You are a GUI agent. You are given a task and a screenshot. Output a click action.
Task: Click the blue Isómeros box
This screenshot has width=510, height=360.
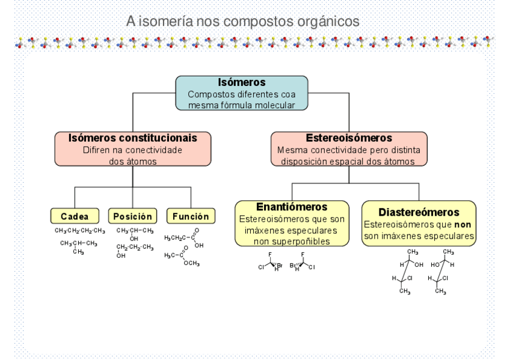pos(241,93)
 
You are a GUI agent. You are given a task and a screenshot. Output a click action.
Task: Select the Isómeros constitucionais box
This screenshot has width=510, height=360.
pos(133,149)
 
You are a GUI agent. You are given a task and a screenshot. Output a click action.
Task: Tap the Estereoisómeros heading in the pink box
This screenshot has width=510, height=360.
pos(349,138)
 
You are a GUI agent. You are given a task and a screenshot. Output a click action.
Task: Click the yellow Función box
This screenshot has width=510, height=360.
pos(190,216)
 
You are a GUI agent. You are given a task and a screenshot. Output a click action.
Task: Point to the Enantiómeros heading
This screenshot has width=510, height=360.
pos(291,207)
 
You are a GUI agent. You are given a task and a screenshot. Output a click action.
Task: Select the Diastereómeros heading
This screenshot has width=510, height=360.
pos(419,212)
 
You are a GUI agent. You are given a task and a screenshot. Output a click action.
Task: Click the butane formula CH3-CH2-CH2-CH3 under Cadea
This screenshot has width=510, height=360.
pos(79,231)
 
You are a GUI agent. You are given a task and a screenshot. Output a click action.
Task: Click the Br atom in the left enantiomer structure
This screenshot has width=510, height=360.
pos(279,264)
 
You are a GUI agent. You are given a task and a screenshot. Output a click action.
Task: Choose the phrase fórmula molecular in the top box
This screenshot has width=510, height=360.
pos(266,105)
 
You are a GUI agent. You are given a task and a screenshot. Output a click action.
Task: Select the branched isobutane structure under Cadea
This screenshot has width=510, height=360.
pos(78,246)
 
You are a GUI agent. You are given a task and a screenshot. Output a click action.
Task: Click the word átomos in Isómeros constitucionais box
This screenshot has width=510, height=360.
pos(142,160)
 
